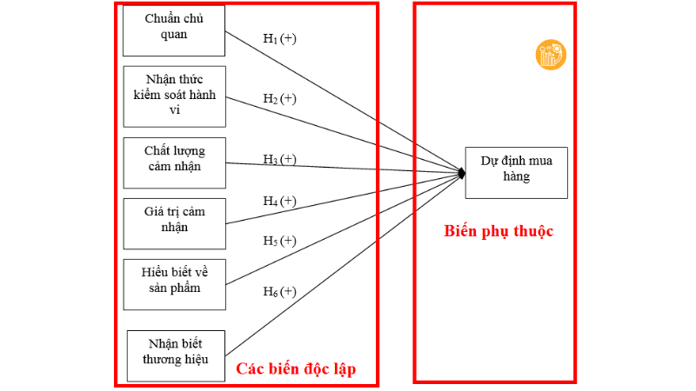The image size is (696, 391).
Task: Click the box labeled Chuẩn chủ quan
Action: [x=174, y=29]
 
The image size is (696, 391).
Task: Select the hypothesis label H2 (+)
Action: [x=279, y=98]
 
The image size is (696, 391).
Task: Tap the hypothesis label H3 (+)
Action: [x=279, y=159]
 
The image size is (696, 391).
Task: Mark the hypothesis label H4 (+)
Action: [x=279, y=201]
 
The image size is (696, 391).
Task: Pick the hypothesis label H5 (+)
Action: [x=279, y=241]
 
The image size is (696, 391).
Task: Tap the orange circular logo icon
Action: [x=551, y=56]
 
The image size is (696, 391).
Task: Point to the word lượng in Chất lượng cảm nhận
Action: [x=188, y=151]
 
